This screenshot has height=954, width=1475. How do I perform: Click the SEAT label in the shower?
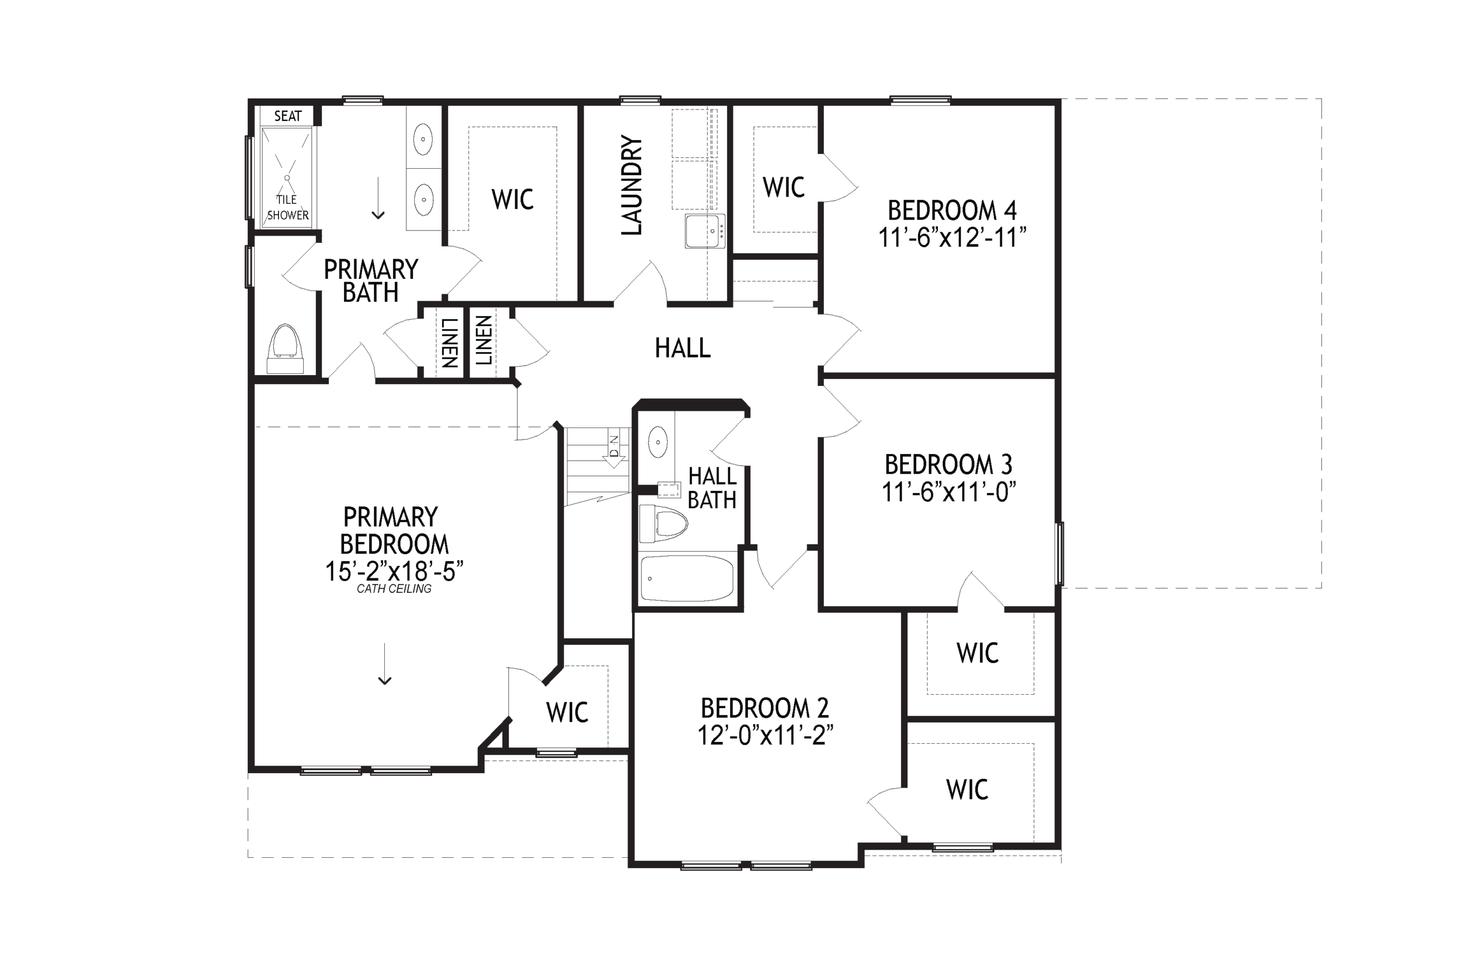click(288, 116)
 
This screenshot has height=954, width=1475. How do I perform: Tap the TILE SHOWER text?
click(288, 207)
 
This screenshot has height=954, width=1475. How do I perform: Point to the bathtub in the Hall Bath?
click(687, 578)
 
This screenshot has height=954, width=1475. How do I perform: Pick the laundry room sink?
click(704, 231)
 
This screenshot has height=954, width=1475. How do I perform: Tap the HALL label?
click(683, 348)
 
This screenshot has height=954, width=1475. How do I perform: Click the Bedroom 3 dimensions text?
click(949, 492)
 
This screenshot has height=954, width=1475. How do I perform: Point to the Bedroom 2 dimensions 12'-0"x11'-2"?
click(765, 736)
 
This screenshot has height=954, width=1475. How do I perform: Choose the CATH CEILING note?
click(394, 589)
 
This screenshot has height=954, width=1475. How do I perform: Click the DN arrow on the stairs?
click(613, 451)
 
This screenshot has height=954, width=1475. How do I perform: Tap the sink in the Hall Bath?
click(657, 442)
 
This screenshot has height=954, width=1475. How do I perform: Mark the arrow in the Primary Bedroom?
click(385, 664)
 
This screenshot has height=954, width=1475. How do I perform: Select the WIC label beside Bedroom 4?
click(784, 187)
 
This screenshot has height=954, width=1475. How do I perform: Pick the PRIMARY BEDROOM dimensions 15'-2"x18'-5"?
click(395, 571)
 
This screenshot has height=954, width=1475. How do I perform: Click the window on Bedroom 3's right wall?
click(1060, 554)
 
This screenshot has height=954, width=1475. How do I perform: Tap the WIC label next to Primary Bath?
click(512, 199)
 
